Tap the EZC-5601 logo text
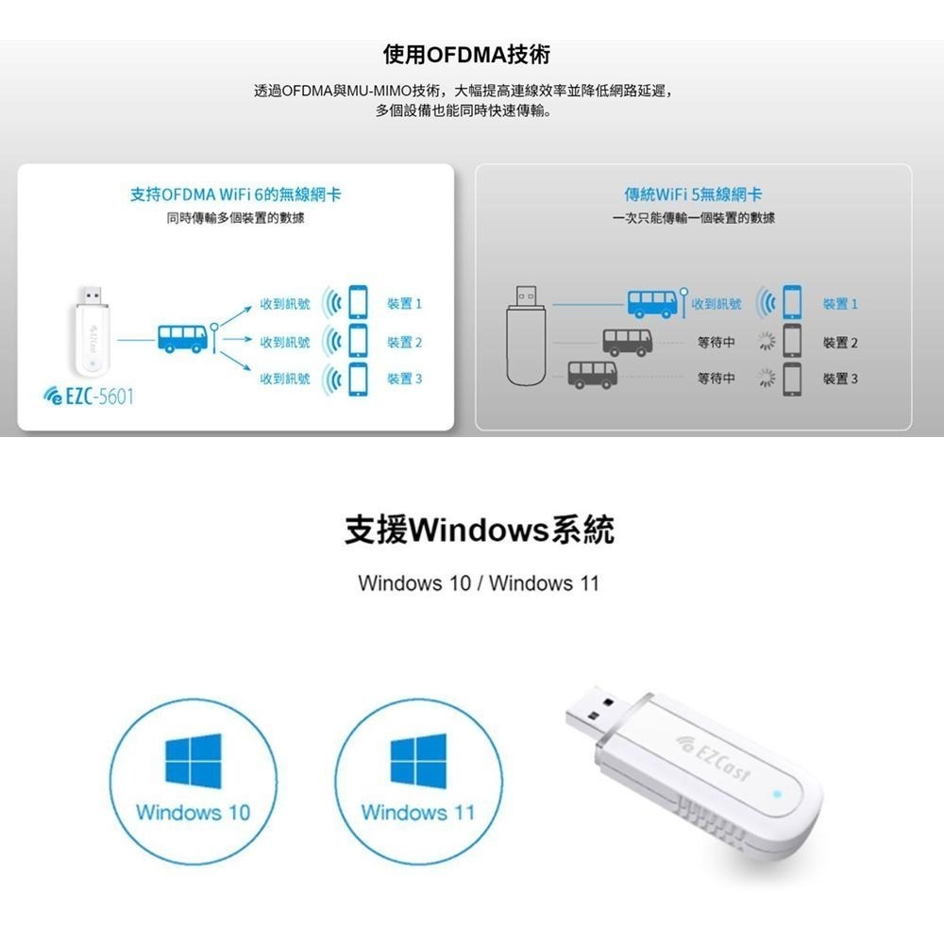(89, 396)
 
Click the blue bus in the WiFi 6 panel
(182, 337)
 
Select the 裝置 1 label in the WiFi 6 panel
(404, 305)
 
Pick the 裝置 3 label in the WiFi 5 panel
(840, 379)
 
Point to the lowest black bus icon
(592, 374)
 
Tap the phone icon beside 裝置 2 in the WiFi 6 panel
(357, 341)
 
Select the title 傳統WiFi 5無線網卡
(693, 194)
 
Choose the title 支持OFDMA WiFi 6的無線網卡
(236, 194)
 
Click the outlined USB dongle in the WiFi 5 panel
(527, 335)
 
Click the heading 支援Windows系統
(479, 530)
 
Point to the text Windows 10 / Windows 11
(479, 582)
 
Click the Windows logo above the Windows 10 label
(193, 761)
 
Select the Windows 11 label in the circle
(418, 812)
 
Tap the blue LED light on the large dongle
(776, 793)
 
